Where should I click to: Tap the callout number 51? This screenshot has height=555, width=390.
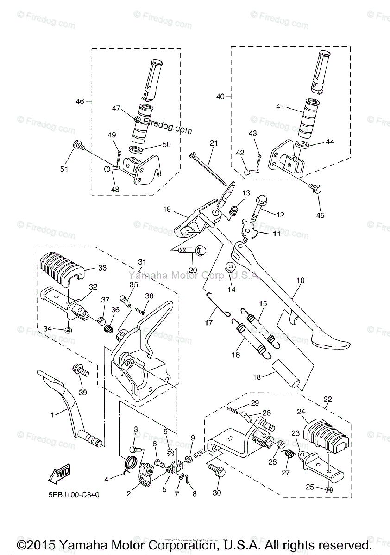64,169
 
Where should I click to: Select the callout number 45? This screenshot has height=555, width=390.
320,215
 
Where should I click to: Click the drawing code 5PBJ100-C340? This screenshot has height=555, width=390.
74,494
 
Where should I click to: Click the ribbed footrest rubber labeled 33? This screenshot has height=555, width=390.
63,268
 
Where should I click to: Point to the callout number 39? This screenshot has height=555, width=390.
82,392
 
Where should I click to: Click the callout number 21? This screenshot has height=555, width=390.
214,144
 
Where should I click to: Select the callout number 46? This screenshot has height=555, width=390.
80,101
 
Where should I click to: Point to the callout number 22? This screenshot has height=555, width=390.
328,399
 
